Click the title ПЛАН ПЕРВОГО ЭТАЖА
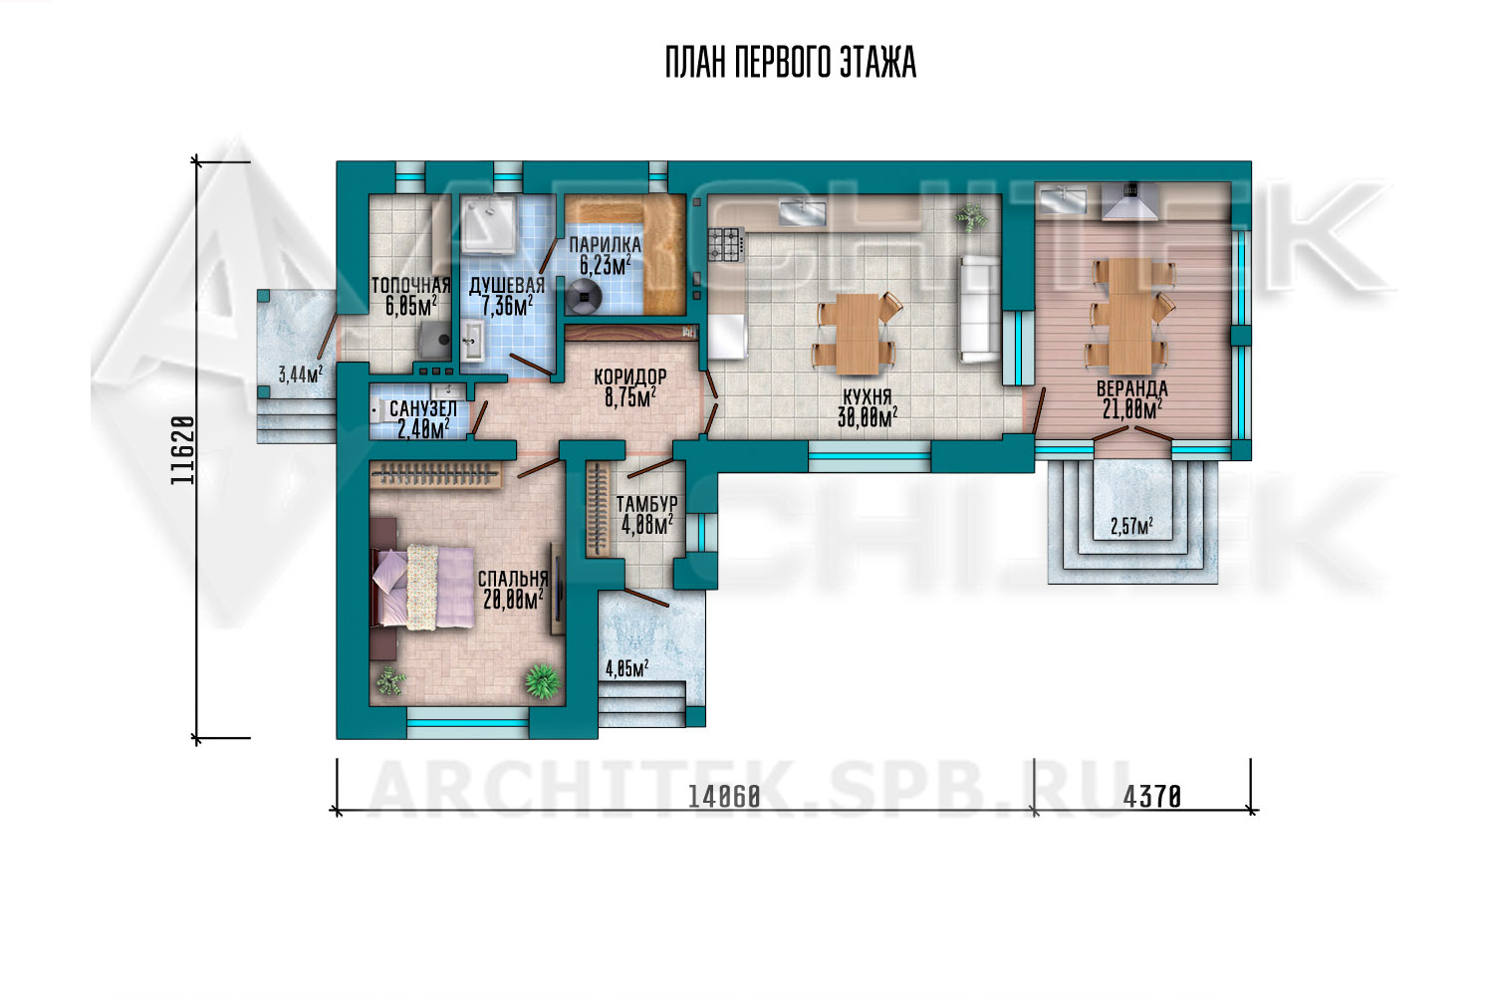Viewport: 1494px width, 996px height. point(791,63)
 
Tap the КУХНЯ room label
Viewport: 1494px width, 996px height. point(868,397)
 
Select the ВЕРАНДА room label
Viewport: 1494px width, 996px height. point(1131,388)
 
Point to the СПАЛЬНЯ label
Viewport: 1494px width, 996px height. point(513,579)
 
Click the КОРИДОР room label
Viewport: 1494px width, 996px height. point(630,376)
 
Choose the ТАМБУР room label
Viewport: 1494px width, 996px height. point(646,504)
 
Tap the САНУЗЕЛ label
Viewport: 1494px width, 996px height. point(423,408)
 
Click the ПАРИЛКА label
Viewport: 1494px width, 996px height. point(605,245)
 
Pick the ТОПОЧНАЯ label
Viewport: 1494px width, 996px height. point(410,286)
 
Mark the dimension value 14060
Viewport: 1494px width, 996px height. point(724,797)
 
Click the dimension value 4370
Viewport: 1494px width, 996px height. point(1151,797)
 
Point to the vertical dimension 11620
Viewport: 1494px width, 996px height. point(182,450)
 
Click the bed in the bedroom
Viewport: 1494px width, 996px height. point(424,587)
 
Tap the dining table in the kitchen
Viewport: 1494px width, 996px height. point(857,334)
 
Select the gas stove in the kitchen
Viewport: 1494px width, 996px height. point(726,244)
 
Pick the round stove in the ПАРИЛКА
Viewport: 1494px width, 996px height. point(583,296)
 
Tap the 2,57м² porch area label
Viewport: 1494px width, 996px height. point(1131,527)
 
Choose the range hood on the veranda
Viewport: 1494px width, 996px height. point(1128,201)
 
